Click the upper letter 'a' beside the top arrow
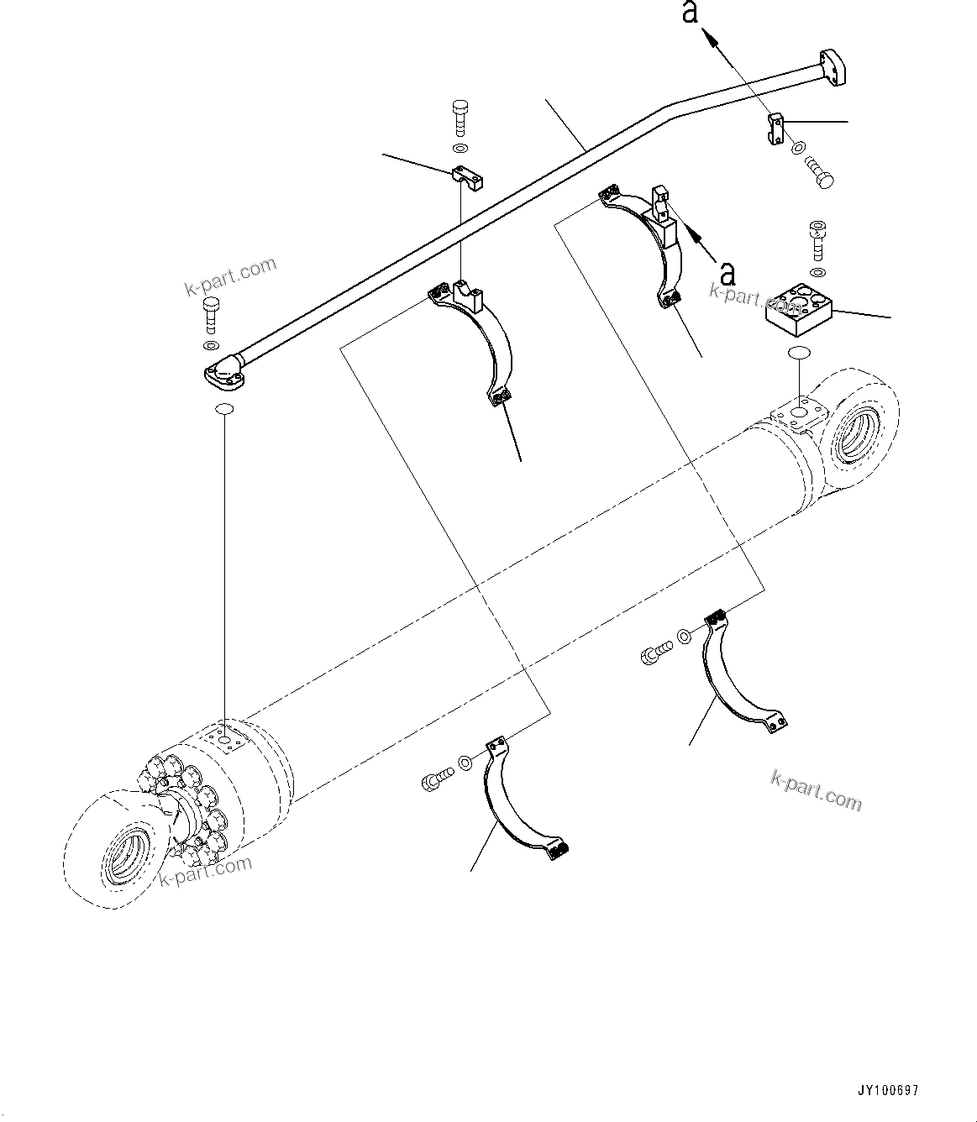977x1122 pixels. coord(690,13)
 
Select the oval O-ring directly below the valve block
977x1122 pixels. coord(799,354)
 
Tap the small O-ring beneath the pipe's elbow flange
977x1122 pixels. coord(224,409)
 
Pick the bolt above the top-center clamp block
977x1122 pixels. coord(460,118)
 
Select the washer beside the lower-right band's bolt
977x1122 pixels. coord(685,637)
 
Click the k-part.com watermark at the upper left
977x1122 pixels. coord(230,277)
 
